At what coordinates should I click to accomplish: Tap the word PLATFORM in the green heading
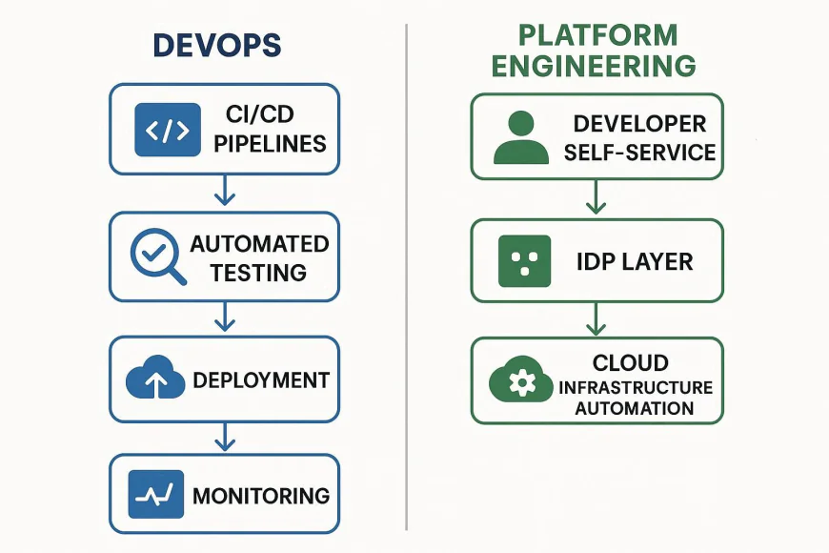pyautogui.click(x=597, y=35)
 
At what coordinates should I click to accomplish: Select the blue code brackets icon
pyautogui.click(x=169, y=130)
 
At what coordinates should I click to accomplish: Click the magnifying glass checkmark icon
pyautogui.click(x=156, y=255)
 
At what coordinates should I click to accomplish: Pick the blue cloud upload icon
pyautogui.click(x=155, y=379)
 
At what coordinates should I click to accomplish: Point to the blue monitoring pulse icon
pyautogui.click(x=155, y=495)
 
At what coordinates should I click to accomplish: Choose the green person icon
pyautogui.click(x=521, y=136)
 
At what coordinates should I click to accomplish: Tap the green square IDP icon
pyautogui.click(x=525, y=260)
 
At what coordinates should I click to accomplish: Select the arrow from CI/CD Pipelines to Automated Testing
pyautogui.click(x=224, y=192)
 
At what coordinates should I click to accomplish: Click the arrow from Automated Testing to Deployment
pyautogui.click(x=224, y=317)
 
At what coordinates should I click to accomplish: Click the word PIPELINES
pyautogui.click(x=270, y=144)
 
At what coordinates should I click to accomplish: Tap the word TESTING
pyautogui.click(x=259, y=272)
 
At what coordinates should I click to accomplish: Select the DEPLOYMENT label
pyautogui.click(x=261, y=379)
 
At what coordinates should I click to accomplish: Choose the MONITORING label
pyautogui.click(x=261, y=496)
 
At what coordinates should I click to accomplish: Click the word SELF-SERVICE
pyautogui.click(x=639, y=153)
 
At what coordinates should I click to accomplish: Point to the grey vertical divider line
pyautogui.click(x=407, y=276)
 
